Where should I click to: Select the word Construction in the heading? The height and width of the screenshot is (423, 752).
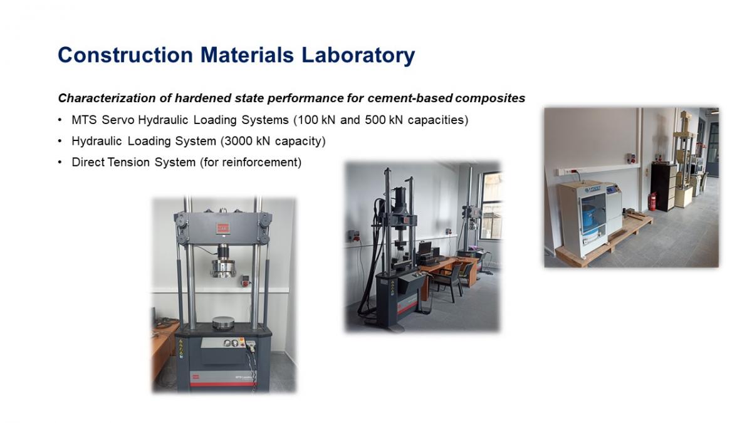(125, 55)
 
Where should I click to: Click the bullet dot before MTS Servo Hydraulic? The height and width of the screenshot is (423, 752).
(60, 120)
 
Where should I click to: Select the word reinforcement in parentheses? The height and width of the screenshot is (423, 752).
(260, 162)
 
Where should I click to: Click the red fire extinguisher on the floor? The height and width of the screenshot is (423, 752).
(652, 201)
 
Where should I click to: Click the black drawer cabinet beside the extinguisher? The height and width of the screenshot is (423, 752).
(664, 187)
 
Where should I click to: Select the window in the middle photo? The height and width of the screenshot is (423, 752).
(491, 206)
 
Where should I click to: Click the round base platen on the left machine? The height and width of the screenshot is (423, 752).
(223, 323)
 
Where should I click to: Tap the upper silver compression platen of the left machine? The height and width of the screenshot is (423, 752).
(223, 268)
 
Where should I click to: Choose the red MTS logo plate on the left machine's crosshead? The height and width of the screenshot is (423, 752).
(222, 228)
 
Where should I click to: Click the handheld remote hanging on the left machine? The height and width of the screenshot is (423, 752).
(251, 346)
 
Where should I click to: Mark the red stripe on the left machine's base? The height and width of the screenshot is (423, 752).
(223, 384)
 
